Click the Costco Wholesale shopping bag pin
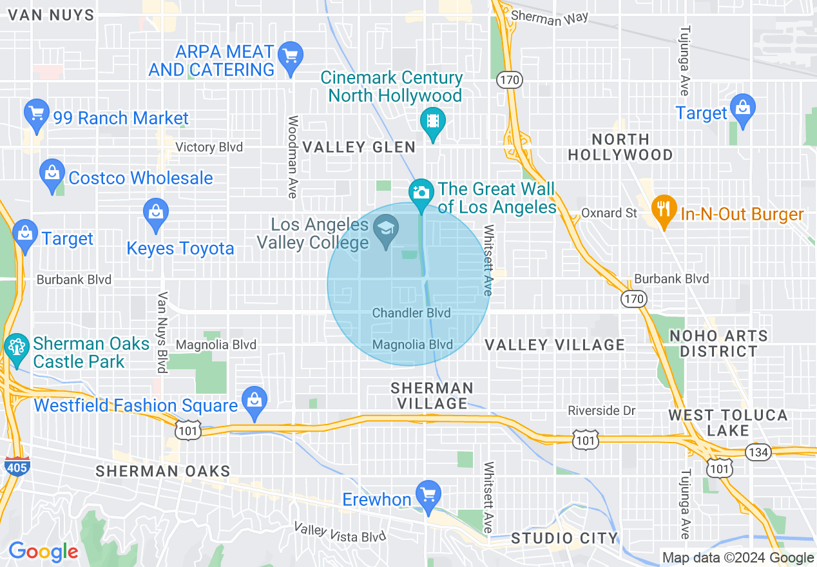tap(52, 174)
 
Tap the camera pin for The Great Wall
tap(421, 193)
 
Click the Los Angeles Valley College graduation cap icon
tap(386, 229)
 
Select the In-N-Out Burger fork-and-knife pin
tap(664, 210)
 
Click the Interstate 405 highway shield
tap(16, 466)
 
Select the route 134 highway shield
tap(759, 452)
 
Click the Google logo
tap(43, 552)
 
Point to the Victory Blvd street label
tap(209, 148)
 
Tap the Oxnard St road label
tap(609, 213)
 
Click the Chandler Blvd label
tap(411, 313)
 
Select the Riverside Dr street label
tap(601, 410)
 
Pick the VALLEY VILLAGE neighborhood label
tap(554, 345)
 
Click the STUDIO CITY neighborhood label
tap(564, 537)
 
